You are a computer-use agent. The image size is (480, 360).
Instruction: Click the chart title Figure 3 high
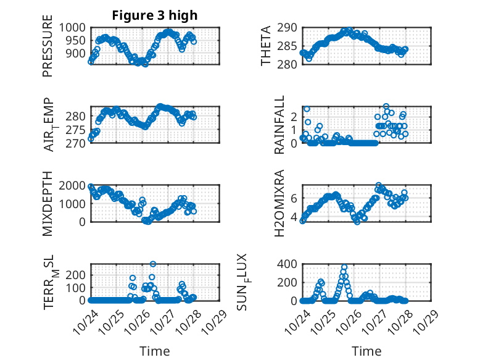[155, 15]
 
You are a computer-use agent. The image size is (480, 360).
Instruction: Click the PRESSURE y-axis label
[48, 51]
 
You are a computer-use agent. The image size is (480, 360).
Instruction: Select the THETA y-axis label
[266, 46]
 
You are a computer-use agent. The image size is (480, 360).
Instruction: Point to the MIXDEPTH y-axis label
[48, 203]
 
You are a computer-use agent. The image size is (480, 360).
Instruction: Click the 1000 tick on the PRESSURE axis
[73, 27]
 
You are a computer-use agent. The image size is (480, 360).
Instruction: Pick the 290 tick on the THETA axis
[289, 27]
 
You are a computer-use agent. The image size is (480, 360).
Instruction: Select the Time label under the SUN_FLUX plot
[366, 351]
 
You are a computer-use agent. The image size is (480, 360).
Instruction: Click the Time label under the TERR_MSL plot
[154, 351]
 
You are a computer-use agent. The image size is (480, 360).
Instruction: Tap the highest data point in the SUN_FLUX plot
[344, 267]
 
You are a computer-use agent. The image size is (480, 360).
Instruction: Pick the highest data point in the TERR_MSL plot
[153, 264]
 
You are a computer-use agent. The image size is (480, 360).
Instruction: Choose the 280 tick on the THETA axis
[289, 64]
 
